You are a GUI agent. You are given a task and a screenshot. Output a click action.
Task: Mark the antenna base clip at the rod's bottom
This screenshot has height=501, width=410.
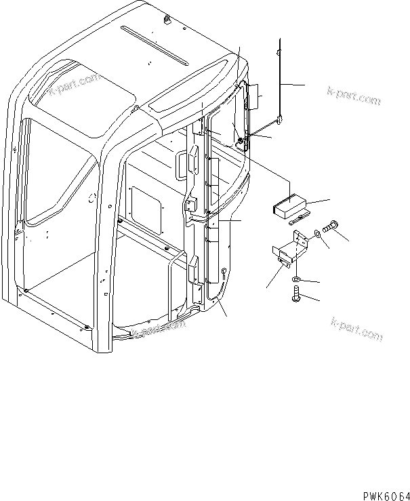(x=278, y=122)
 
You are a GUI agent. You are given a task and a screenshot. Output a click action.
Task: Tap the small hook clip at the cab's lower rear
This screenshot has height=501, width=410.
(x=223, y=273)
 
